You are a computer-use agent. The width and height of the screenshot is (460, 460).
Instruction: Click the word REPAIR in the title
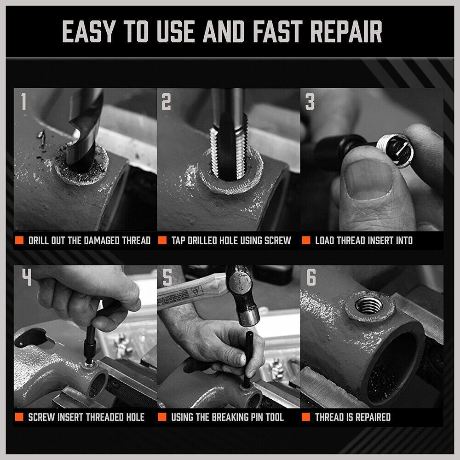(346, 32)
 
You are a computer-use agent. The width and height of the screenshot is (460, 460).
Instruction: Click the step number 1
(23, 102)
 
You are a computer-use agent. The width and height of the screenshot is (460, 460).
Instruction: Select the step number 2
(166, 102)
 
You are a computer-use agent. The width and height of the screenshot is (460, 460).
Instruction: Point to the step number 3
(310, 102)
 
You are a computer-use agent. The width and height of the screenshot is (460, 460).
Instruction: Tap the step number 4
(26, 277)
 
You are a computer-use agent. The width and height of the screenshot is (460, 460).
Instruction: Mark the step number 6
(311, 277)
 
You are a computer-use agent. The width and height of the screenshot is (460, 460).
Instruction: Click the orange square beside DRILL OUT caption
(19, 241)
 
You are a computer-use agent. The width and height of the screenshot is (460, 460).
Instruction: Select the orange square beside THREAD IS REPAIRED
(306, 417)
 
